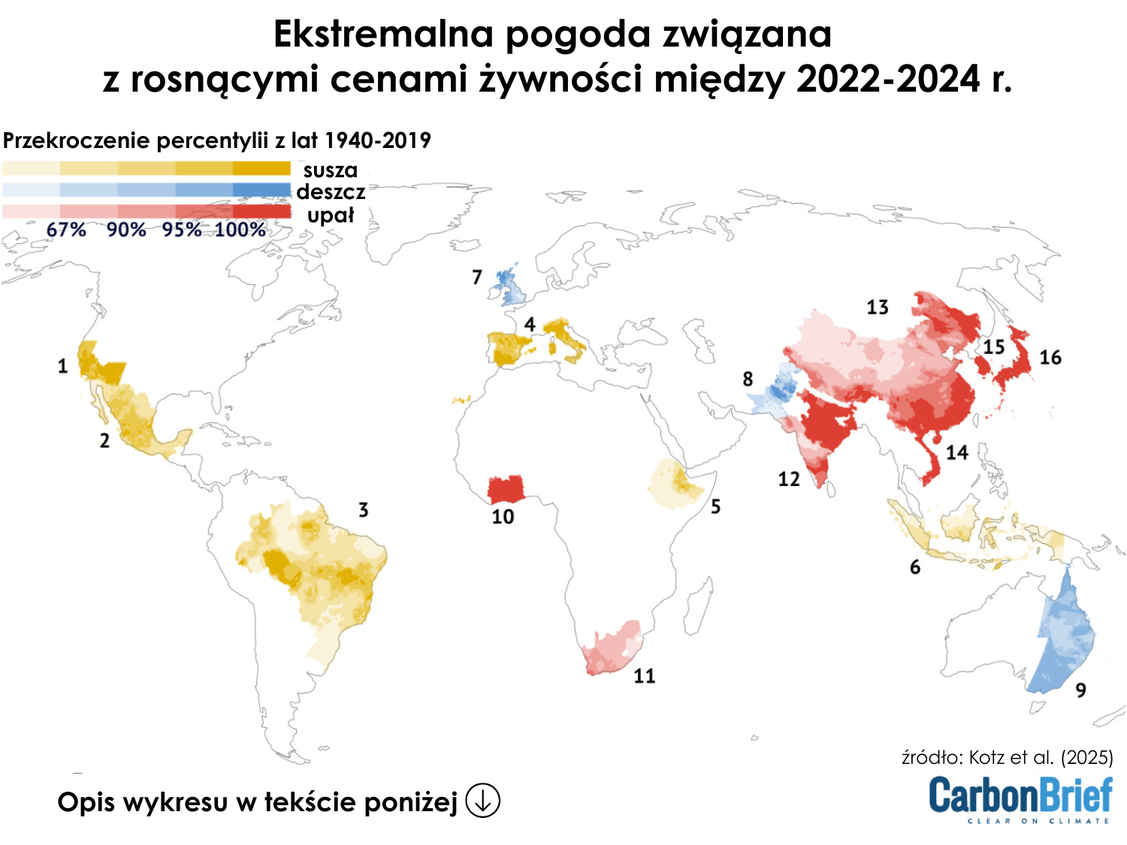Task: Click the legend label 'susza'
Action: (x=330, y=170)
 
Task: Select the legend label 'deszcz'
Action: (x=331, y=192)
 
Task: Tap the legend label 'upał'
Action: (x=330, y=216)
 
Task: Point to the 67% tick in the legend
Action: (x=65, y=230)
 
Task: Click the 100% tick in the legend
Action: (x=240, y=230)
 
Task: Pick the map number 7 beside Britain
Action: (x=476, y=277)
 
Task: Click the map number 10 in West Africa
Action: (x=503, y=517)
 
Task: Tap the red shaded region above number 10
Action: (x=506, y=488)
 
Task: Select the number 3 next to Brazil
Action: (x=363, y=510)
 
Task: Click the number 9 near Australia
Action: (x=1080, y=690)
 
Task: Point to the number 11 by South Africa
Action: (x=644, y=676)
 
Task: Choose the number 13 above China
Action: (x=877, y=307)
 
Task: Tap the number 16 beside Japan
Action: (x=1050, y=358)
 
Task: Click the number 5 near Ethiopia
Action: (x=715, y=507)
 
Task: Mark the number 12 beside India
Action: (x=788, y=479)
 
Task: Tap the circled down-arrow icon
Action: (x=482, y=801)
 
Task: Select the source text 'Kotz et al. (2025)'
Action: (x=1041, y=757)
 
